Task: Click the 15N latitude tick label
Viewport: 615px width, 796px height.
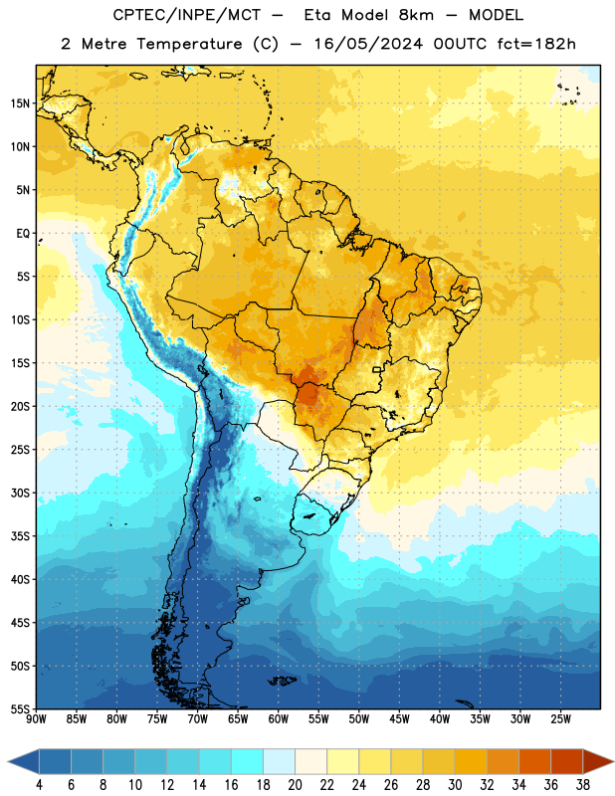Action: click(20, 103)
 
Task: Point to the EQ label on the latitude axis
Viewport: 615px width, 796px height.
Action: click(23, 234)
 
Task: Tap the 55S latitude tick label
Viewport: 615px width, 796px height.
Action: click(20, 708)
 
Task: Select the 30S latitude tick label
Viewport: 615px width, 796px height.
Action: click(20, 493)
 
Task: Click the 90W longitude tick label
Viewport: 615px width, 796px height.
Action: click(36, 719)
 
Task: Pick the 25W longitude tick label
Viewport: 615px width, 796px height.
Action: click(560, 719)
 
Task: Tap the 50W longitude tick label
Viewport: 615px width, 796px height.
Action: click(359, 719)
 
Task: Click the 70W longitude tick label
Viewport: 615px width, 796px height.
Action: click(198, 719)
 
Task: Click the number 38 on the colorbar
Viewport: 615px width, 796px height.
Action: click(583, 785)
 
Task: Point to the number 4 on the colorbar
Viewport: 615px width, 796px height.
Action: click(39, 785)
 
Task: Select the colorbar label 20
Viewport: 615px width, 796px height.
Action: click(295, 785)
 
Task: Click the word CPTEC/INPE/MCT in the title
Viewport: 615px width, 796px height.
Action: click(186, 15)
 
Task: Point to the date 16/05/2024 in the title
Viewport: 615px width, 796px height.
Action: click(368, 44)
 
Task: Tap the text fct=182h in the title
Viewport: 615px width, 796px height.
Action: click(536, 44)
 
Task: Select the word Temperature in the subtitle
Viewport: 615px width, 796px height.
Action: click(189, 44)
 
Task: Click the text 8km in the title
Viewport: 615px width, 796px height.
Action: click(416, 15)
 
